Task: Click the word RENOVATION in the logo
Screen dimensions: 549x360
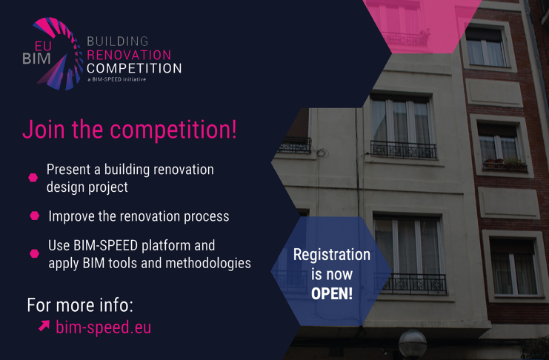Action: click(x=129, y=55)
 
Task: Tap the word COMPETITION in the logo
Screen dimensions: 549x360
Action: click(x=134, y=68)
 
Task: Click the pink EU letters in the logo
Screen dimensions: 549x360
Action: click(x=43, y=46)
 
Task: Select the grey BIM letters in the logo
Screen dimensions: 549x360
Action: click(x=37, y=59)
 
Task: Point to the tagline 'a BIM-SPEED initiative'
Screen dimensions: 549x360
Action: click(x=116, y=79)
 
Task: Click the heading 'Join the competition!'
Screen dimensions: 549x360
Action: click(x=130, y=130)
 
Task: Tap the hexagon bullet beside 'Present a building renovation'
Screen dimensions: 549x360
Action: click(x=33, y=178)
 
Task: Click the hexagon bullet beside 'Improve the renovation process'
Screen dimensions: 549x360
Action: click(x=34, y=216)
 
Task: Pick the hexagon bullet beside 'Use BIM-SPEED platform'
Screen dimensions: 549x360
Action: click(x=34, y=253)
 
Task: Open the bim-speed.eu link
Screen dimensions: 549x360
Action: click(x=103, y=327)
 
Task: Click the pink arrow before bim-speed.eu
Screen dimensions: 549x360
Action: click(x=44, y=326)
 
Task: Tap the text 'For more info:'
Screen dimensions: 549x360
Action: click(x=80, y=305)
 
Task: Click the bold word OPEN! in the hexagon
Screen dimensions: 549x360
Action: click(x=332, y=293)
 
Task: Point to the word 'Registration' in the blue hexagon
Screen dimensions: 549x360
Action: click(x=332, y=255)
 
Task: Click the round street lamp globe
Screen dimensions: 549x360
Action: click(x=413, y=344)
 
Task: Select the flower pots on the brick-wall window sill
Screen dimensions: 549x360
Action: click(x=505, y=163)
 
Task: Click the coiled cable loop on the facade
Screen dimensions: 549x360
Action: click(x=322, y=153)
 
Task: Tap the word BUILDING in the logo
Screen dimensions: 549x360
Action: click(x=118, y=41)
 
